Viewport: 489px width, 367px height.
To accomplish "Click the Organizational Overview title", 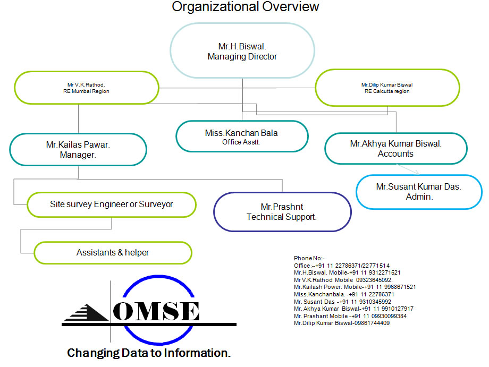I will (246, 7).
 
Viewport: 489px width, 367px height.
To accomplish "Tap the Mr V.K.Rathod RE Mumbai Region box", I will (86, 88).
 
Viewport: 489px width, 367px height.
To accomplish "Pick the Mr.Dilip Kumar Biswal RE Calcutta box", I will (386, 88).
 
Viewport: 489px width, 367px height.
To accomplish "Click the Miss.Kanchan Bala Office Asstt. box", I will (241, 136).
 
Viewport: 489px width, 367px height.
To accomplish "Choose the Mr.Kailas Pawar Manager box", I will (78, 149).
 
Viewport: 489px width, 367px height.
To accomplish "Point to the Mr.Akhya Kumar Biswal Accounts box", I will (395, 148).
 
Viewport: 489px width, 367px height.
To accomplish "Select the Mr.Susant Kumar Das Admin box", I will (418, 191).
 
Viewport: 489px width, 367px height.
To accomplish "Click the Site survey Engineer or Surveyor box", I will (111, 204).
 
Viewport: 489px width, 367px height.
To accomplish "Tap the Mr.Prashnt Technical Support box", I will (282, 211).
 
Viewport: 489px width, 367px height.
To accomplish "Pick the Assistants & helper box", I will (113, 253).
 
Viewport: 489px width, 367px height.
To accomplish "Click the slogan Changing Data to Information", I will (149, 353).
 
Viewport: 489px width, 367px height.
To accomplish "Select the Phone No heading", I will (309, 258).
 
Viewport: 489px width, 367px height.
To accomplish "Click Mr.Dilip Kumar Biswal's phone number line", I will (342, 323).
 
